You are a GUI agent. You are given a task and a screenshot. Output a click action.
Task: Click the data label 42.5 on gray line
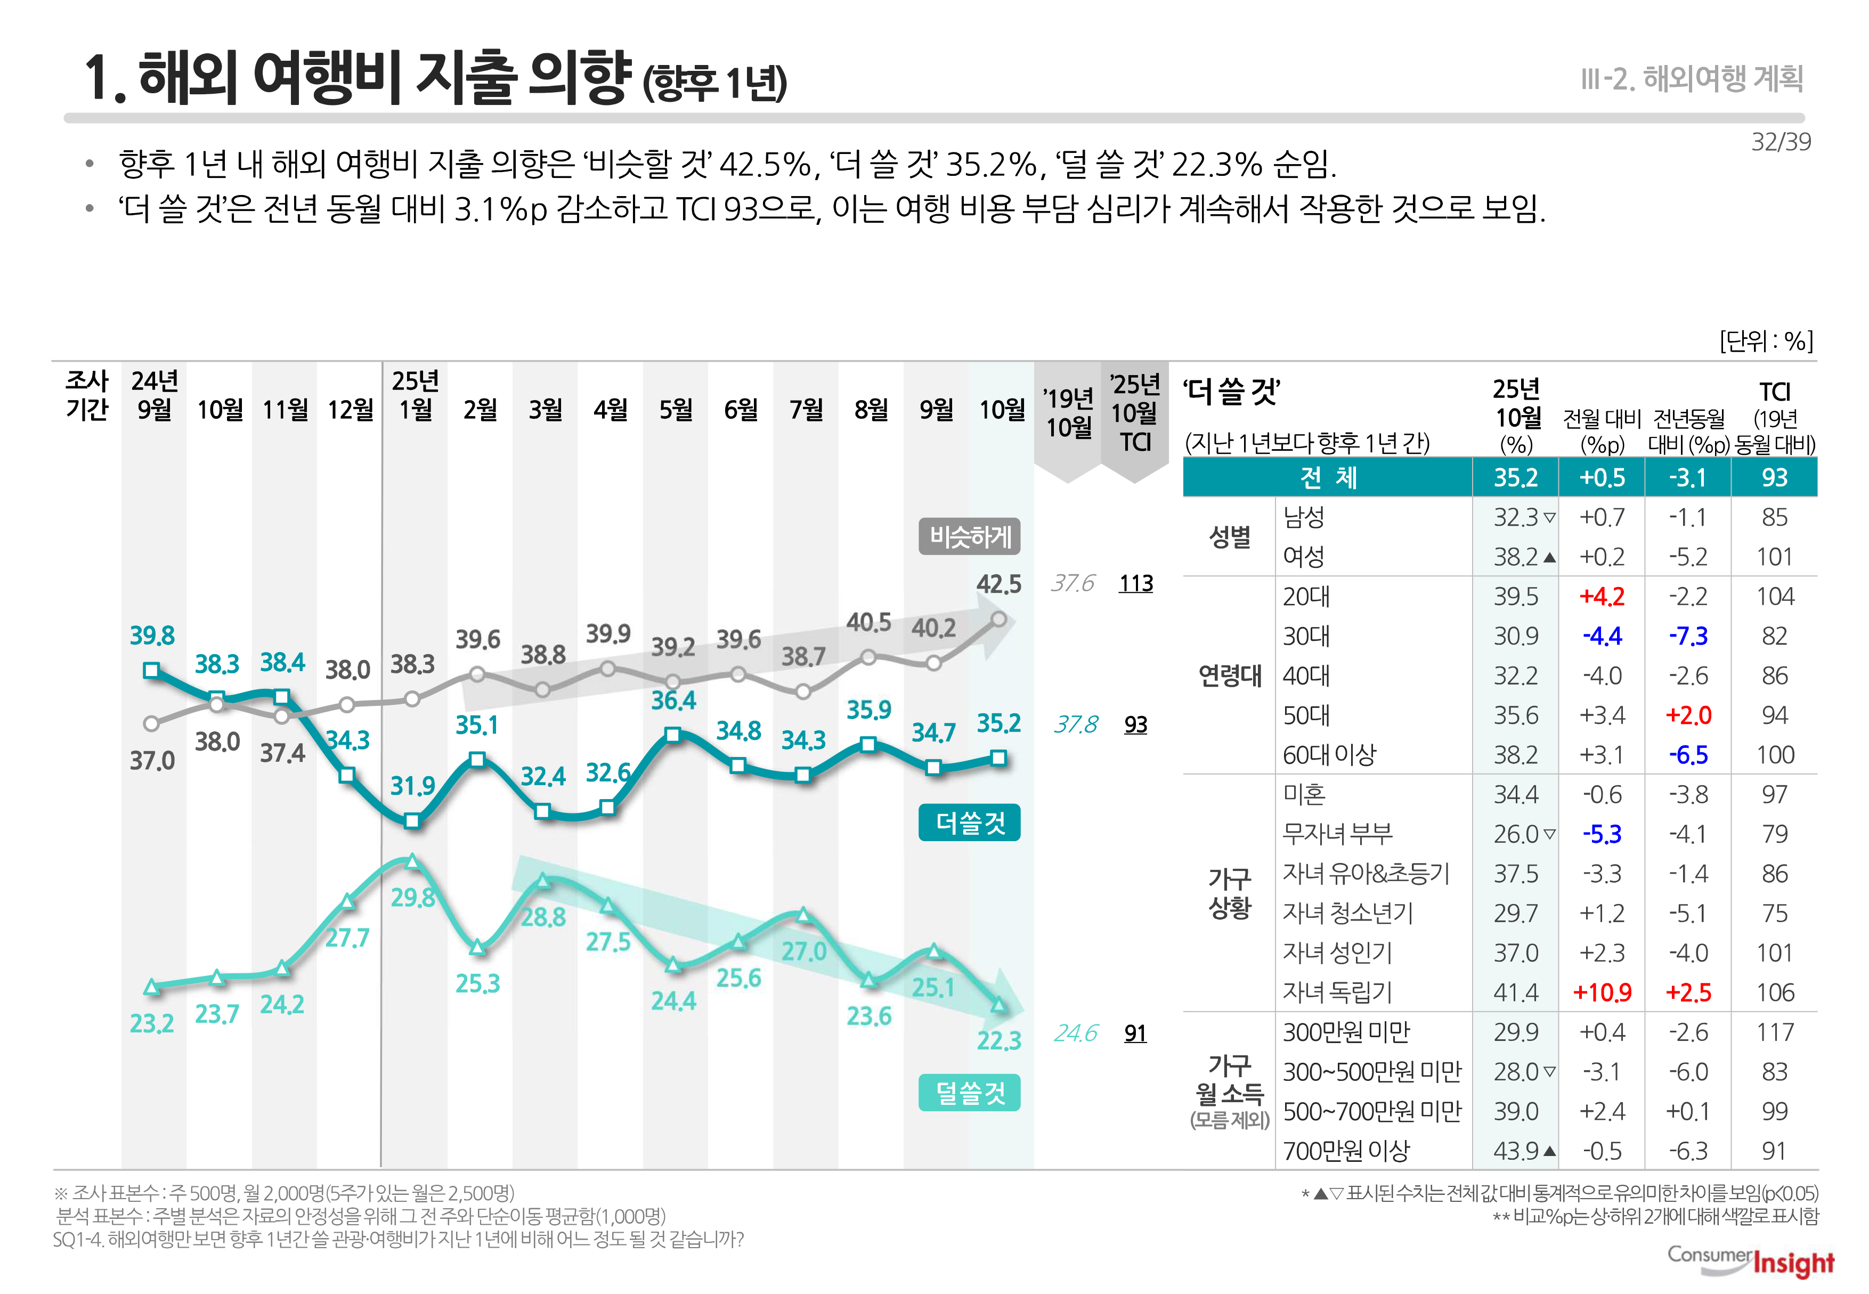[x=998, y=584]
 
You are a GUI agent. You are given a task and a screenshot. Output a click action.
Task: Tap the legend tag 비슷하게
[x=969, y=537]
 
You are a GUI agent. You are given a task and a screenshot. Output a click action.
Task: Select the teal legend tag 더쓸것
[x=969, y=823]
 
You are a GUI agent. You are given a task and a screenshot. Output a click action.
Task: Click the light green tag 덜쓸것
[x=969, y=1093]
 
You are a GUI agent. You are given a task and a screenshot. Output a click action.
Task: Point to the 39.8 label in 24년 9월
[x=152, y=635]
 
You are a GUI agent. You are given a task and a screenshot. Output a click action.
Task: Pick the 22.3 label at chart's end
[x=998, y=1040]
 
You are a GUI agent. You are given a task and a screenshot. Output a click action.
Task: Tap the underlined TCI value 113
[x=1135, y=584]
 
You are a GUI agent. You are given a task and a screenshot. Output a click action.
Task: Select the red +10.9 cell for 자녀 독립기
[x=1602, y=992]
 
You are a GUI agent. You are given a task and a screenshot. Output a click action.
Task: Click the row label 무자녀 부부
[x=1337, y=834]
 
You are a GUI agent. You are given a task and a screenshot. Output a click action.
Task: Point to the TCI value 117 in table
[x=1774, y=1032]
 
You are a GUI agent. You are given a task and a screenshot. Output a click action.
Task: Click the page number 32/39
[x=1780, y=142]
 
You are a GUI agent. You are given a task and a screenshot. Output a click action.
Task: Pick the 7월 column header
[x=805, y=410]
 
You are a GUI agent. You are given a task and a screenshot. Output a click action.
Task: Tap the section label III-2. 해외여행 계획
[x=1692, y=79]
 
